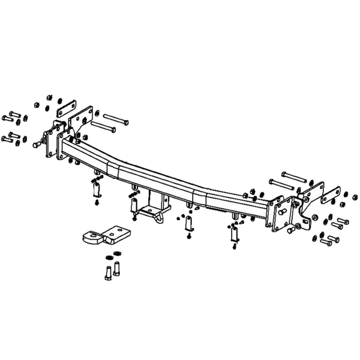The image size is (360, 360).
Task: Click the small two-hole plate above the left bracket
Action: (x=65, y=109)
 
